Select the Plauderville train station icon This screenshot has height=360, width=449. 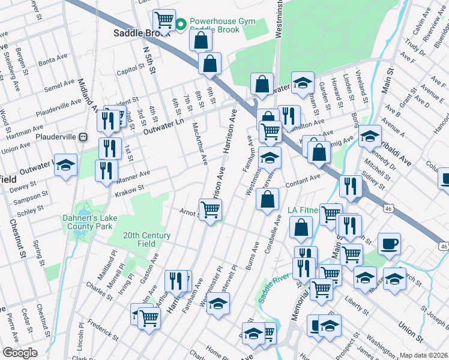tap(83, 137)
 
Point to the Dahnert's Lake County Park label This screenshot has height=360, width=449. tap(88, 223)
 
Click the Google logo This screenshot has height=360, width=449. tap(20, 353)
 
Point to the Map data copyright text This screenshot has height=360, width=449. tap(424, 355)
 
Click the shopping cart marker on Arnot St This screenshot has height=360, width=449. tap(210, 210)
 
